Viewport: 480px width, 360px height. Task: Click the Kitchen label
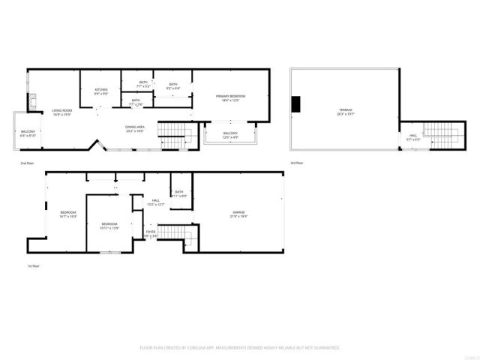pos(101,91)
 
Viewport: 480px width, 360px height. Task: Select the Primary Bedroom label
pos(231,98)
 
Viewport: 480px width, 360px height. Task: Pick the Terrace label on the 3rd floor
pos(344,112)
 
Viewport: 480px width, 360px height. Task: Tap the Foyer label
pos(151,232)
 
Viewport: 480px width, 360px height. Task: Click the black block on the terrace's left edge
pos(296,103)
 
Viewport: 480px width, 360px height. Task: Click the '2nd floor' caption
pos(26,163)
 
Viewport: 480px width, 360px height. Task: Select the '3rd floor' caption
pos(297,163)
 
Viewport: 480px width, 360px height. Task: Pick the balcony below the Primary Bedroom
pos(230,135)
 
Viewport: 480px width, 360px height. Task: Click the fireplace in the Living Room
pos(32,103)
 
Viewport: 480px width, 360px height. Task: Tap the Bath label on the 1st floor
pos(178,193)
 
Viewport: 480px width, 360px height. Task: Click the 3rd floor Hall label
pos(412,137)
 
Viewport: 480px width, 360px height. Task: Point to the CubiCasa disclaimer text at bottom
pos(240,348)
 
